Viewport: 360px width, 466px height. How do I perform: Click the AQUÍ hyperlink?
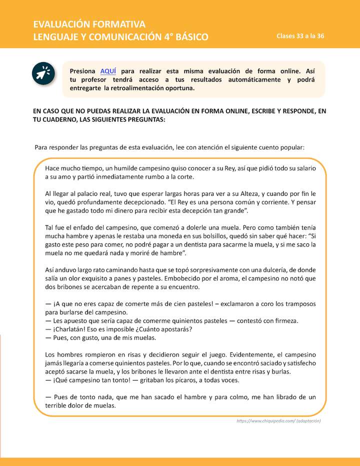coord(108,71)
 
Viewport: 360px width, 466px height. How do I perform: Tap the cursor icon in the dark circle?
coord(42,73)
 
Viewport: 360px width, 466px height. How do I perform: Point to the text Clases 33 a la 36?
coord(300,36)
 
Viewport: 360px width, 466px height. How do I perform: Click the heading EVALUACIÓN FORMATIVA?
coord(89,24)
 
